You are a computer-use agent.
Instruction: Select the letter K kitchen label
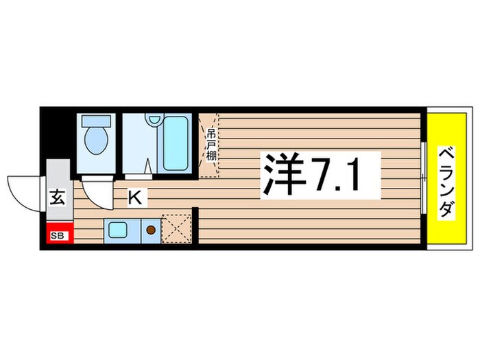(136, 198)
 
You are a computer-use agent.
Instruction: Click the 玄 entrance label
(58, 200)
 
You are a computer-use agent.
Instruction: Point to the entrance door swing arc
(24, 191)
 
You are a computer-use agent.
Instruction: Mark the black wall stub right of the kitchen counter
(195, 226)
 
